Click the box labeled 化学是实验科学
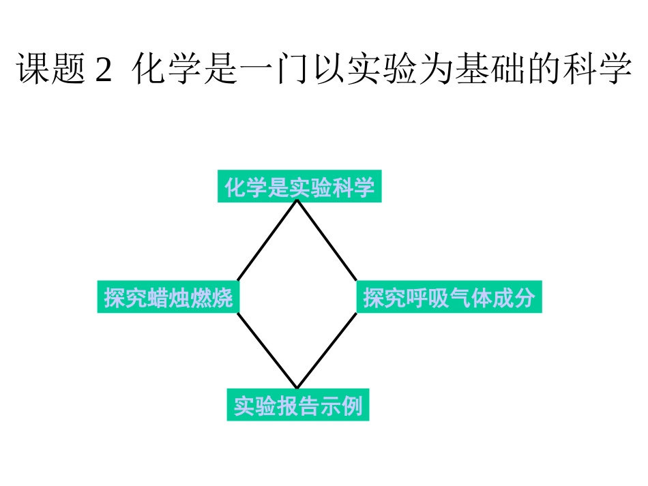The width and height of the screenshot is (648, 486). point(299,187)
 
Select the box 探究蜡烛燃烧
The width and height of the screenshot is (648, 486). point(168,297)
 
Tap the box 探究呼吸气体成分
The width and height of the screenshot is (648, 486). point(449,297)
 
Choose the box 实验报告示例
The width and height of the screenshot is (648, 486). point(298,406)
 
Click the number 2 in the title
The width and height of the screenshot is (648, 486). point(102,70)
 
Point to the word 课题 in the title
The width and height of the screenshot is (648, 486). point(49,70)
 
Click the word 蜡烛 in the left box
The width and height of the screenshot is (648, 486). point(168,298)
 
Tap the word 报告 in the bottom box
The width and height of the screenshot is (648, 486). point(298,406)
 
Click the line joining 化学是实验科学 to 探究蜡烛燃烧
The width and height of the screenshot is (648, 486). point(267,241)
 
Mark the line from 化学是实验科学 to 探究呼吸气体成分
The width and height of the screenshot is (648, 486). point(327,241)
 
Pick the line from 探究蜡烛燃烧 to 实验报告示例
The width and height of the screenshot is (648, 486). point(267,350)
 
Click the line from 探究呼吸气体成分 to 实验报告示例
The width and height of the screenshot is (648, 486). point(327,350)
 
